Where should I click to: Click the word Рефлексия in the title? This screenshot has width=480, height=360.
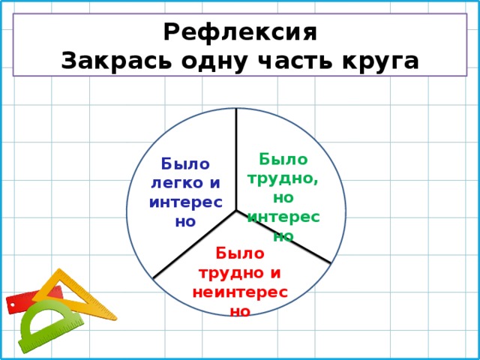(240, 33)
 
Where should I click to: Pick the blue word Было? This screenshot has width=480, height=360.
(185, 163)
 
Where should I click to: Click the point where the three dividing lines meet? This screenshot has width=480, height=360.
(236, 211)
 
